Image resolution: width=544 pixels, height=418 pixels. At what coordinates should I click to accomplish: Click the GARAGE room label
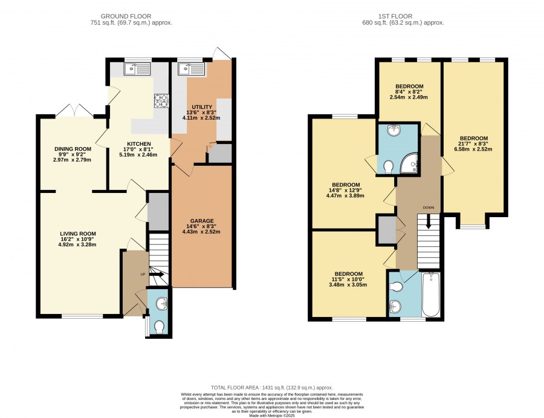(201, 221)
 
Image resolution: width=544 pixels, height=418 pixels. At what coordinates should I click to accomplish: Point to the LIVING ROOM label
(78, 233)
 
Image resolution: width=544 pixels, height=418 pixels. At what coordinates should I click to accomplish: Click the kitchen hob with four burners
(161, 100)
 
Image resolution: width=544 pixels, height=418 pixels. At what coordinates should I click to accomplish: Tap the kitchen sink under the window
(137, 69)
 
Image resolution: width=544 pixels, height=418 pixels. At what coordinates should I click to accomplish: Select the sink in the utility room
(192, 69)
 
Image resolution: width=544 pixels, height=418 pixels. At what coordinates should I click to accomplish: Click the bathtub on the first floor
(431, 295)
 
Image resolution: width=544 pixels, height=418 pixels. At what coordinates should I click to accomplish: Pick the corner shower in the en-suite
(410, 164)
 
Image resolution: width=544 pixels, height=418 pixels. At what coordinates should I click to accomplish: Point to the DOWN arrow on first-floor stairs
(429, 221)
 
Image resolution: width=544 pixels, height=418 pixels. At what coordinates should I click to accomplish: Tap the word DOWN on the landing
(429, 207)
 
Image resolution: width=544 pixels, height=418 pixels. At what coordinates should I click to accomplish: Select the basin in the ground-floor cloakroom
(161, 304)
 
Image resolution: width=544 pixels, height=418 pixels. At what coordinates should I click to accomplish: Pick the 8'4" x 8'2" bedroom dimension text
(409, 92)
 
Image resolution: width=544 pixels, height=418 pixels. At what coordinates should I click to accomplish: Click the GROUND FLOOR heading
(126, 16)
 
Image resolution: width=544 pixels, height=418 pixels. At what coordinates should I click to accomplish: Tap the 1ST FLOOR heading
(395, 16)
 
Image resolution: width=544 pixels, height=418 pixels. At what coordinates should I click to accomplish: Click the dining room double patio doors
(75, 111)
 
